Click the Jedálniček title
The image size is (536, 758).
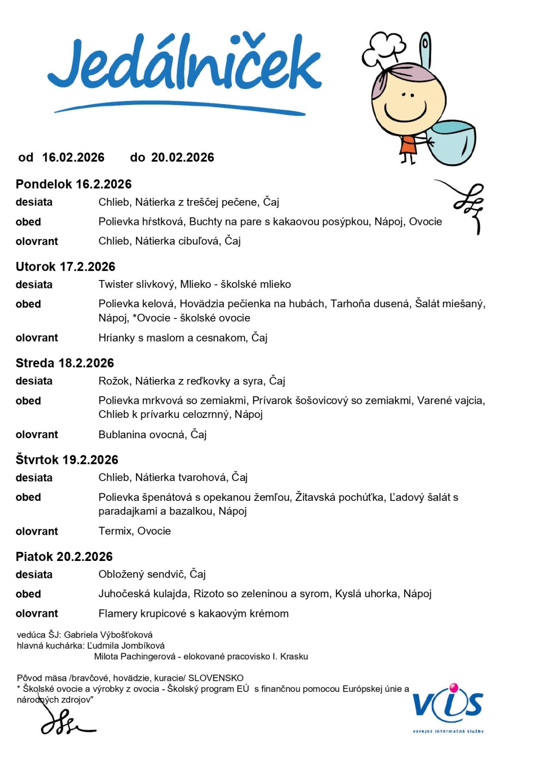tap(184, 66)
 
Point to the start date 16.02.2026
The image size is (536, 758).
tap(73, 158)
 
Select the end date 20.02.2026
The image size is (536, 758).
tap(182, 158)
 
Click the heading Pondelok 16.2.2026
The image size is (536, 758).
tap(74, 184)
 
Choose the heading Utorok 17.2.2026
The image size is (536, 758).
tap(66, 267)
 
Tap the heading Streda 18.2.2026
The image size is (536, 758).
tap(65, 363)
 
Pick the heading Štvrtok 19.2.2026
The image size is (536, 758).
tap(67, 460)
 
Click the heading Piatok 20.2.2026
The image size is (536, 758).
tap(64, 557)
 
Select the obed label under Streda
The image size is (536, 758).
tap(28, 401)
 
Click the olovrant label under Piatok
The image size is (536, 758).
tap(37, 614)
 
